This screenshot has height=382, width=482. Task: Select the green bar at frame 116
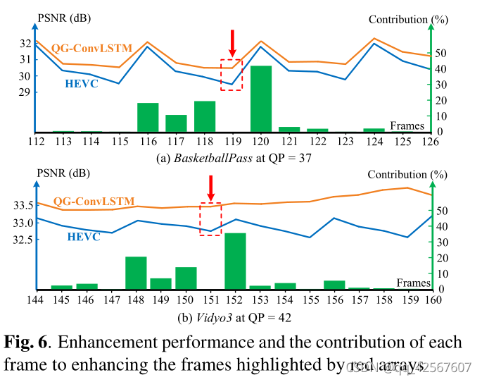pos(148,117)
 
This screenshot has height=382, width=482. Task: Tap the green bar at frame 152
pos(235,261)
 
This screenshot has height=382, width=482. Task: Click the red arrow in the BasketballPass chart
pos(232,40)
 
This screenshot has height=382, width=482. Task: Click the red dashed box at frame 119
pos(232,75)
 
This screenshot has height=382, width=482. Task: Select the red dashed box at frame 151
pos(210,218)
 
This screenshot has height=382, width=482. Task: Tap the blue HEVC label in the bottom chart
pos(84,237)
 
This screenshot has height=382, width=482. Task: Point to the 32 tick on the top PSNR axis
pos(25,43)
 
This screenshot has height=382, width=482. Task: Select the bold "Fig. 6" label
pos(25,343)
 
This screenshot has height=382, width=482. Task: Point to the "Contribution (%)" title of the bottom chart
pos(408,175)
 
